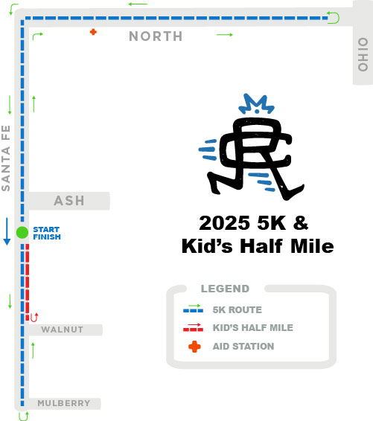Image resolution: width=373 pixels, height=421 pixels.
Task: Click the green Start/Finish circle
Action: click(x=22, y=232)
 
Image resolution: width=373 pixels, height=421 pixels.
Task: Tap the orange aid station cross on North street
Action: click(x=93, y=32)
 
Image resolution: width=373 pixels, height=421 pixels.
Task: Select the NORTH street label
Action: click(x=155, y=36)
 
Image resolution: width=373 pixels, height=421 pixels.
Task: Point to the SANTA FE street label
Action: click(x=6, y=158)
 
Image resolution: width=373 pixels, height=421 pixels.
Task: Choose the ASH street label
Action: click(x=69, y=201)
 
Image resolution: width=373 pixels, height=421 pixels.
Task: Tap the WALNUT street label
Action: click(x=62, y=330)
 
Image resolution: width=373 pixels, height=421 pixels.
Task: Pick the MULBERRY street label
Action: click(x=64, y=403)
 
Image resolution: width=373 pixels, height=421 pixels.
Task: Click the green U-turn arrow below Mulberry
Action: click(x=22, y=417)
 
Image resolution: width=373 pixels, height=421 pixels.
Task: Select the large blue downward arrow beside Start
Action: click(x=7, y=231)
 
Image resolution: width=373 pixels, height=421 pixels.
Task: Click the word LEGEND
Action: click(x=225, y=289)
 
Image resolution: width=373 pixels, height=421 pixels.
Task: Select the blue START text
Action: click(x=46, y=228)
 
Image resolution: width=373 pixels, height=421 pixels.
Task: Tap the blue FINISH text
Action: click(x=47, y=237)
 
